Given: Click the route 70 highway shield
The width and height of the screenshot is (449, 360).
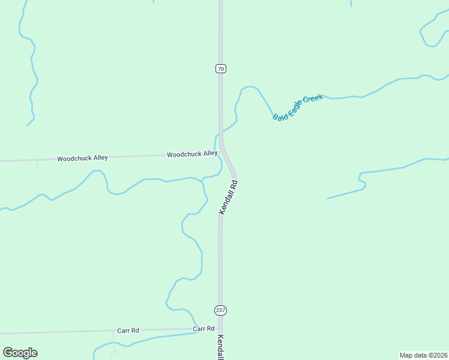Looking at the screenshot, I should click(221, 69).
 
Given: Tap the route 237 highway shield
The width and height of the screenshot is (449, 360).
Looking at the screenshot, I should click(220, 310).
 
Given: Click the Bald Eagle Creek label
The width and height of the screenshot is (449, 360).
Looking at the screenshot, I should click(298, 107).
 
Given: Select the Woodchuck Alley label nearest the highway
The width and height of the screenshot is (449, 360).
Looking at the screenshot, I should click(192, 154).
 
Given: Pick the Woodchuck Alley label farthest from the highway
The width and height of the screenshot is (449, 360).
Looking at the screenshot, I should click(82, 158).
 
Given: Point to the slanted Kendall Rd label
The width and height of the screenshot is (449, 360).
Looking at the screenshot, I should click(229, 197).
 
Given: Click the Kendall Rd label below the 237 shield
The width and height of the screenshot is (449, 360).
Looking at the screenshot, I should click(220, 347).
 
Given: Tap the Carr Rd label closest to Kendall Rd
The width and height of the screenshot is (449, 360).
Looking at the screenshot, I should click(203, 329).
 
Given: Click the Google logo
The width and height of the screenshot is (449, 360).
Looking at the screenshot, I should click(20, 353).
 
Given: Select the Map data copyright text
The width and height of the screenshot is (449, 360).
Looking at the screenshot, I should click(423, 355).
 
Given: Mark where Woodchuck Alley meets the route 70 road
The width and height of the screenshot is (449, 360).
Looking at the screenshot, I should click(221, 153).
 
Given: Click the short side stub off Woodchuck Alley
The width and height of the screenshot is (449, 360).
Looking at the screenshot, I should click(37, 164).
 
